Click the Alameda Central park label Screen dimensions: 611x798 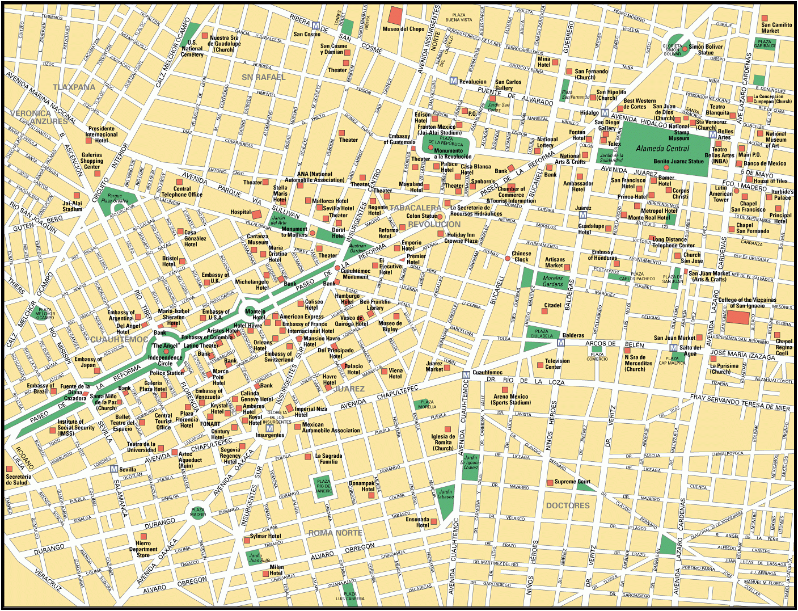[662, 149]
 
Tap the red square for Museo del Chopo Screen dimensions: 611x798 [395, 16]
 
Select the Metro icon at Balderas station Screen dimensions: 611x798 [561, 343]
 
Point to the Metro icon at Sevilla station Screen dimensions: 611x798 [114, 469]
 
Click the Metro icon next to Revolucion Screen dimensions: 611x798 [453, 81]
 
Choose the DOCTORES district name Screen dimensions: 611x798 [568, 505]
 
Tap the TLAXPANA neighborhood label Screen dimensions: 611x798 [74, 87]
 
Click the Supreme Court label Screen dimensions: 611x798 [572, 482]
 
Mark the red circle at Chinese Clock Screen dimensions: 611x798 [508, 258]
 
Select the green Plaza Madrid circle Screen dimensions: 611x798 [198, 512]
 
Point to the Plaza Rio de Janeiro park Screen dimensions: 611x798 [323, 487]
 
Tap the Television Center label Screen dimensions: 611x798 [557, 364]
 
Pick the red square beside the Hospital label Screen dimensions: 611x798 [256, 214]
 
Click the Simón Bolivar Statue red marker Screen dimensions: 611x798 [685, 49]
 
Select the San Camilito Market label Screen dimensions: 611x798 [776, 28]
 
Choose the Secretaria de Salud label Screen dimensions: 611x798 [19, 479]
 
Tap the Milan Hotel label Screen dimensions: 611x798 [276, 570]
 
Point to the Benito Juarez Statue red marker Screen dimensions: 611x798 [666, 168]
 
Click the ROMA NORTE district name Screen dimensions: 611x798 [335, 533]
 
